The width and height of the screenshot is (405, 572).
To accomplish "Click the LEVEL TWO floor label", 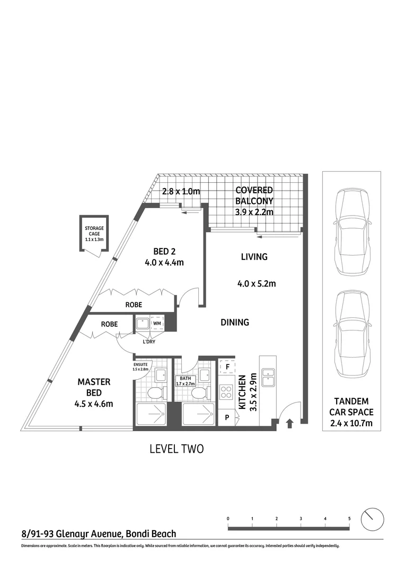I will coord(177,449).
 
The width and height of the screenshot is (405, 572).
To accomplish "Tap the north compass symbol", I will coord(372,519).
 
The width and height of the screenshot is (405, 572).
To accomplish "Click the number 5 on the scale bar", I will coord(349,519).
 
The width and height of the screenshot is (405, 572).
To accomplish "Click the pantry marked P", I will coord(227,417).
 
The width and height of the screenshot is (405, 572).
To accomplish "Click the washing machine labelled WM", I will coord(157,323).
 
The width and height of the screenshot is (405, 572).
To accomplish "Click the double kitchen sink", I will coord(269,375).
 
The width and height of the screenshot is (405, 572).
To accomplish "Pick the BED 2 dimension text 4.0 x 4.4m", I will coord(163,262).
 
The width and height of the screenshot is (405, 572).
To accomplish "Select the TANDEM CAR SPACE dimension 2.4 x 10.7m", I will coord(351,423).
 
